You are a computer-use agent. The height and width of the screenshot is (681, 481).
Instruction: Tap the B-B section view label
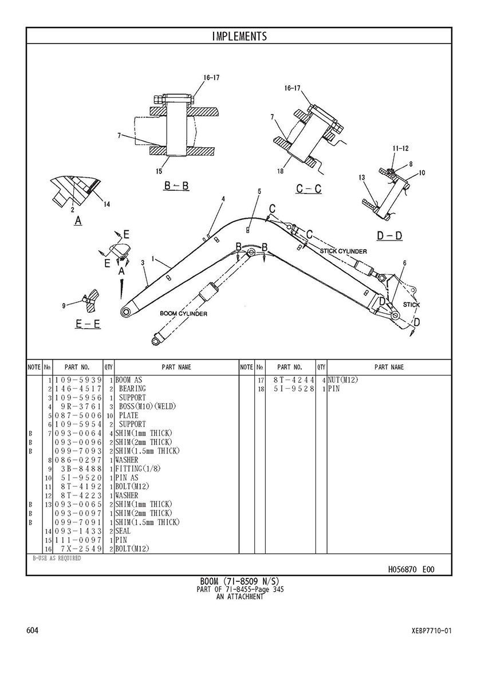(x=176, y=186)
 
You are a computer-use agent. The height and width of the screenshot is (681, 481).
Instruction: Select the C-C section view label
(x=309, y=189)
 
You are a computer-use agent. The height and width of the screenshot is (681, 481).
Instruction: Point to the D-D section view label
(x=389, y=235)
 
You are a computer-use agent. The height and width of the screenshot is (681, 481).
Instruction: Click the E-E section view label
(x=88, y=324)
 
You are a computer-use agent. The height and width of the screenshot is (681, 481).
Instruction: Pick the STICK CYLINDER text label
(x=343, y=251)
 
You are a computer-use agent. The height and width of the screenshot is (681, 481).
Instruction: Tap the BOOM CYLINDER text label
(x=183, y=314)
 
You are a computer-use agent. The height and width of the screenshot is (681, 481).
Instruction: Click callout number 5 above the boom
(x=259, y=191)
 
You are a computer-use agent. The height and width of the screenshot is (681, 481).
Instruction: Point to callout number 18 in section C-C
(x=281, y=171)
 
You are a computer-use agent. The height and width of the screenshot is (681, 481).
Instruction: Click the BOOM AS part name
(x=129, y=380)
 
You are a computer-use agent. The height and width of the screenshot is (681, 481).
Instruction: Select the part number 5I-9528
(x=291, y=389)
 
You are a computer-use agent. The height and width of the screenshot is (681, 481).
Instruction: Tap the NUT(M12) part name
(x=342, y=380)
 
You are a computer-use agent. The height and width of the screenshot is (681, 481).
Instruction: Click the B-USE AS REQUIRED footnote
(x=56, y=558)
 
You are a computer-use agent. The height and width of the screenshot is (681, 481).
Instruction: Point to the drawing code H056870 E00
(x=411, y=569)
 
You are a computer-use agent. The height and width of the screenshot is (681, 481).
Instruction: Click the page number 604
(x=33, y=631)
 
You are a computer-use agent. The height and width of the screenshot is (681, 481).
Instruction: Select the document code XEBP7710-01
(x=431, y=631)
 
